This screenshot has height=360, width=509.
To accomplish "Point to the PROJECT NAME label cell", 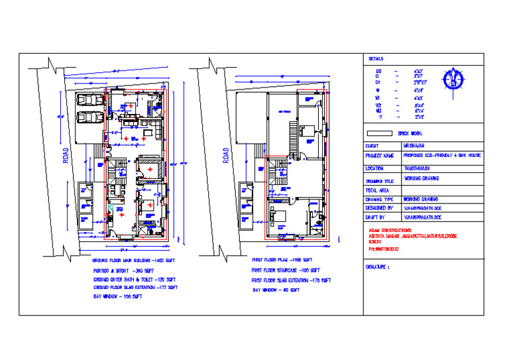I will tap(379, 156).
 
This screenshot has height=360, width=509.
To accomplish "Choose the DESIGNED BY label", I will tap(378, 208).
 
